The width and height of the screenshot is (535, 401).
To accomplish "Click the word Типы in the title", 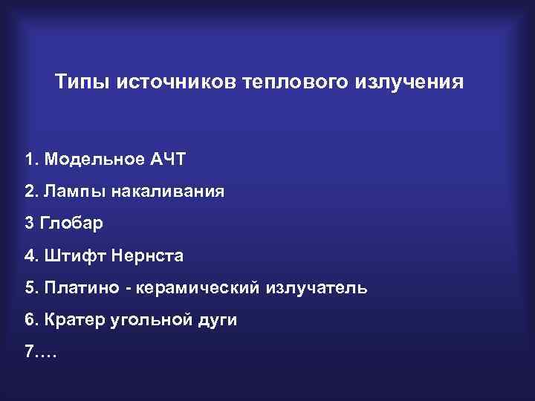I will point(82,81).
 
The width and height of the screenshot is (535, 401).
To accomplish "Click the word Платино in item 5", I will point(77,287).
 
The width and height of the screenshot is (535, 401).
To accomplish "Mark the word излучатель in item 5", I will point(316,287).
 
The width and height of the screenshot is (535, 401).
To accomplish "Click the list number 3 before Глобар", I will point(29,224).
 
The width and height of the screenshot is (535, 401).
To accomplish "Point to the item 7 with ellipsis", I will point(40,351).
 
